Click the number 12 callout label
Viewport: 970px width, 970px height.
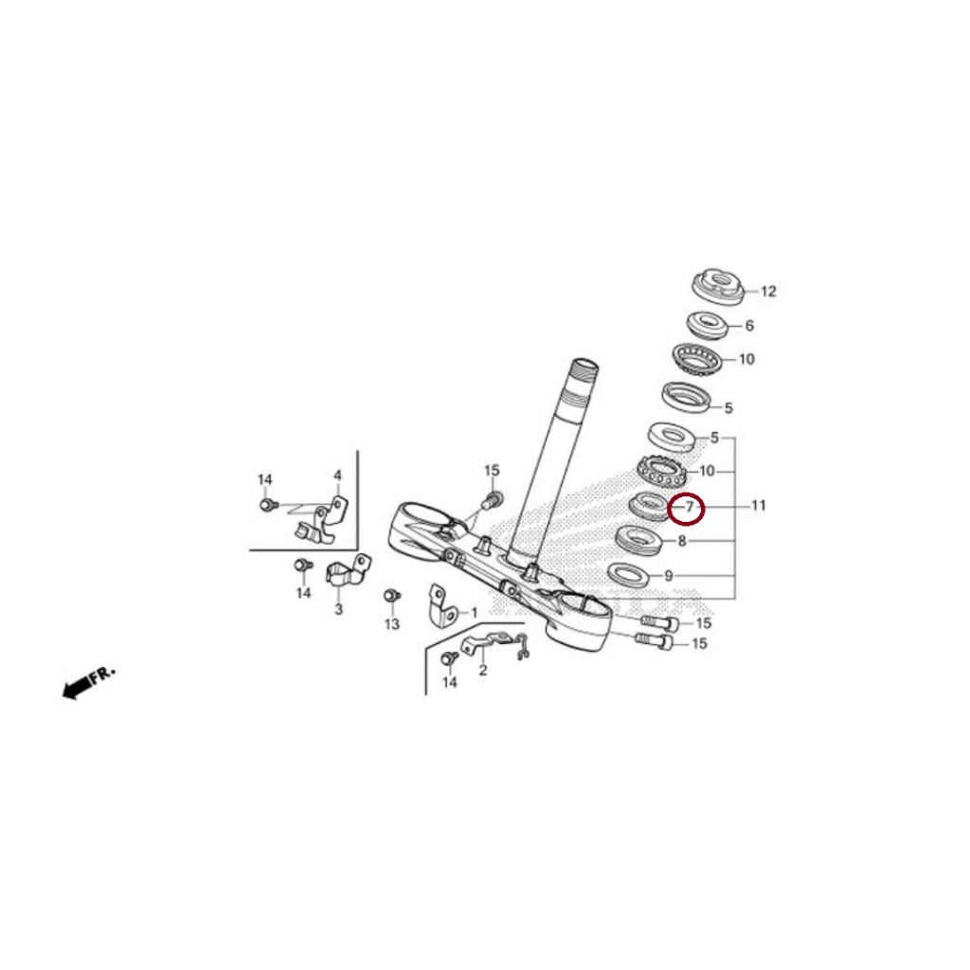coord(768,292)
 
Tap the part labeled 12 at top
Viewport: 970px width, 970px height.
coord(721,284)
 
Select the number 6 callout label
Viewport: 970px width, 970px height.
coord(749,326)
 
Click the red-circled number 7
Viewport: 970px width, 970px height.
coord(689,509)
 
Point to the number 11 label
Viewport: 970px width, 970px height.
coord(758,506)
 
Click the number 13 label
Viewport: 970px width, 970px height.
coord(392,624)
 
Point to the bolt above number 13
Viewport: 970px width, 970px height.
coord(388,596)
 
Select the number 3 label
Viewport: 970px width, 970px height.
coord(338,609)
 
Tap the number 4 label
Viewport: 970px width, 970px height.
coord(336,475)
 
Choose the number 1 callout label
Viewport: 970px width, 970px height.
coord(474,614)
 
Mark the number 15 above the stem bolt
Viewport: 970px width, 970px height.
coord(491,471)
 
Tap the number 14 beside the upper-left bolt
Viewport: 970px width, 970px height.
coord(265,480)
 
